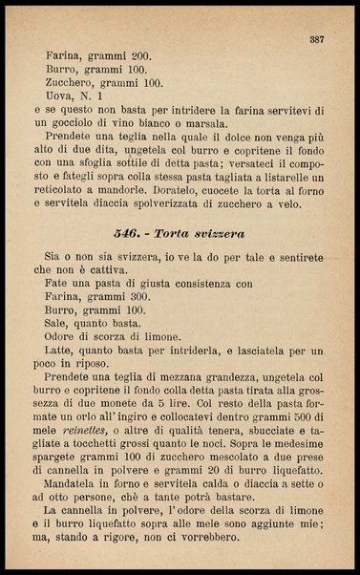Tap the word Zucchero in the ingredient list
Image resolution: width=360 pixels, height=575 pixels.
71,84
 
